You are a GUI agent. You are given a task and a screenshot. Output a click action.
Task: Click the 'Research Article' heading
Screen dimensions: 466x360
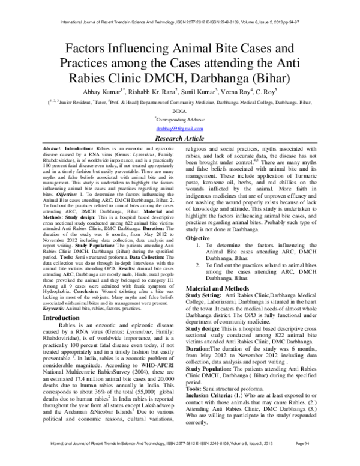180,138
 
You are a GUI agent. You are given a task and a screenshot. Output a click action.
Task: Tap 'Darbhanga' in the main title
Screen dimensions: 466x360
223,77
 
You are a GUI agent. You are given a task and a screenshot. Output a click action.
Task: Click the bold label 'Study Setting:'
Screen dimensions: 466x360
204,296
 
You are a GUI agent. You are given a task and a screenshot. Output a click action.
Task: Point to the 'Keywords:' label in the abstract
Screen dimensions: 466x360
58,307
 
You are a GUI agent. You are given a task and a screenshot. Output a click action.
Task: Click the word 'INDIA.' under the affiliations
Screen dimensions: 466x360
180,112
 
